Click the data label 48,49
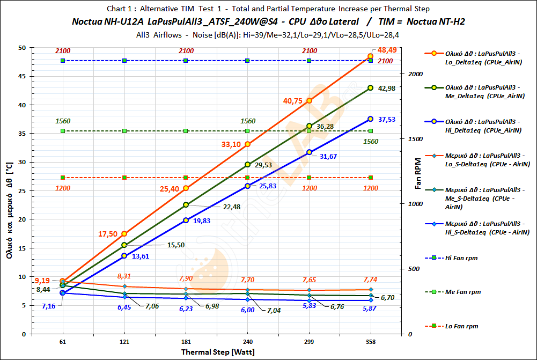(387, 50)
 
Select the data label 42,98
(386, 88)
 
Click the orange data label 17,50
(107, 234)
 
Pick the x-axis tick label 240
(247, 341)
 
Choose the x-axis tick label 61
(63, 341)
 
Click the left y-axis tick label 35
(21, 134)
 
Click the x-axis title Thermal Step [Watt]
(217, 352)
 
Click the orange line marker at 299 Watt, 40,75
(309, 101)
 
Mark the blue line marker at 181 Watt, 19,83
(186, 220)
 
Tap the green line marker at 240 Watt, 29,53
(247, 165)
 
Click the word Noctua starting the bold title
(86, 22)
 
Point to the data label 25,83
(268, 186)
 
